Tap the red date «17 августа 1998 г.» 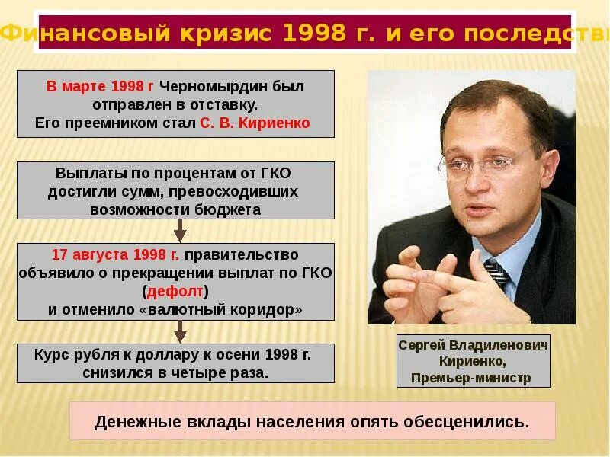coord(116,254)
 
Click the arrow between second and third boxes coord(180,230)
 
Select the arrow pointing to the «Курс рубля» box coord(180,331)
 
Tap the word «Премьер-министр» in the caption coord(470,378)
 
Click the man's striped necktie coord(497,270)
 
